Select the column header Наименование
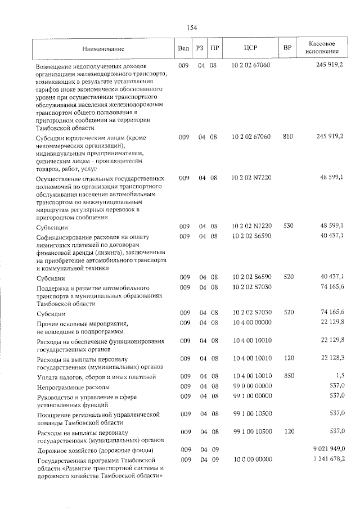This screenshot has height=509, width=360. pos(102,48)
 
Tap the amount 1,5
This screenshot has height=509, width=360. pos(340,376)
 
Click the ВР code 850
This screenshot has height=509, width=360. pos(289,376)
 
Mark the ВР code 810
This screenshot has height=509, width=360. pos(289,137)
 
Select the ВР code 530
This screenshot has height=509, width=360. pos(289,226)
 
